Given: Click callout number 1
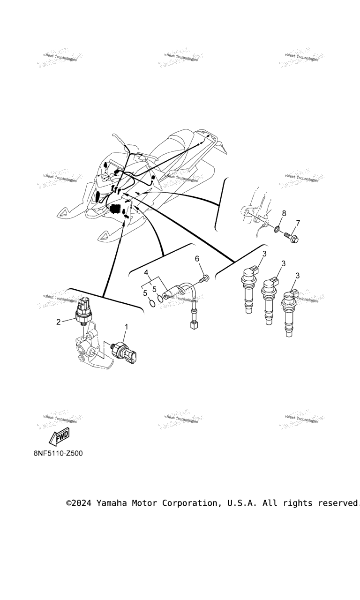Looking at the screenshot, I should tap(126, 327).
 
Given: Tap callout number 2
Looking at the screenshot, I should tap(59, 322).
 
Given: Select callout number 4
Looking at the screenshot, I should tap(146, 272).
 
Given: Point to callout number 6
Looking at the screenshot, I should tap(197, 259).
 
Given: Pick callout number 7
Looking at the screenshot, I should tap(298, 223).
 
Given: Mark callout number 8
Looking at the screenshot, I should tap(284, 213).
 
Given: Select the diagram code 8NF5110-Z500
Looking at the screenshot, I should tap(58, 453).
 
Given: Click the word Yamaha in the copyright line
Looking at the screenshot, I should tap(112, 503).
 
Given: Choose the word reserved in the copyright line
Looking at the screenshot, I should tap(338, 503).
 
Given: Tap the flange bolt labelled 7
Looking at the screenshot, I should tap(291, 237).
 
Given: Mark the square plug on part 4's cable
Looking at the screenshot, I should tap(193, 324).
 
